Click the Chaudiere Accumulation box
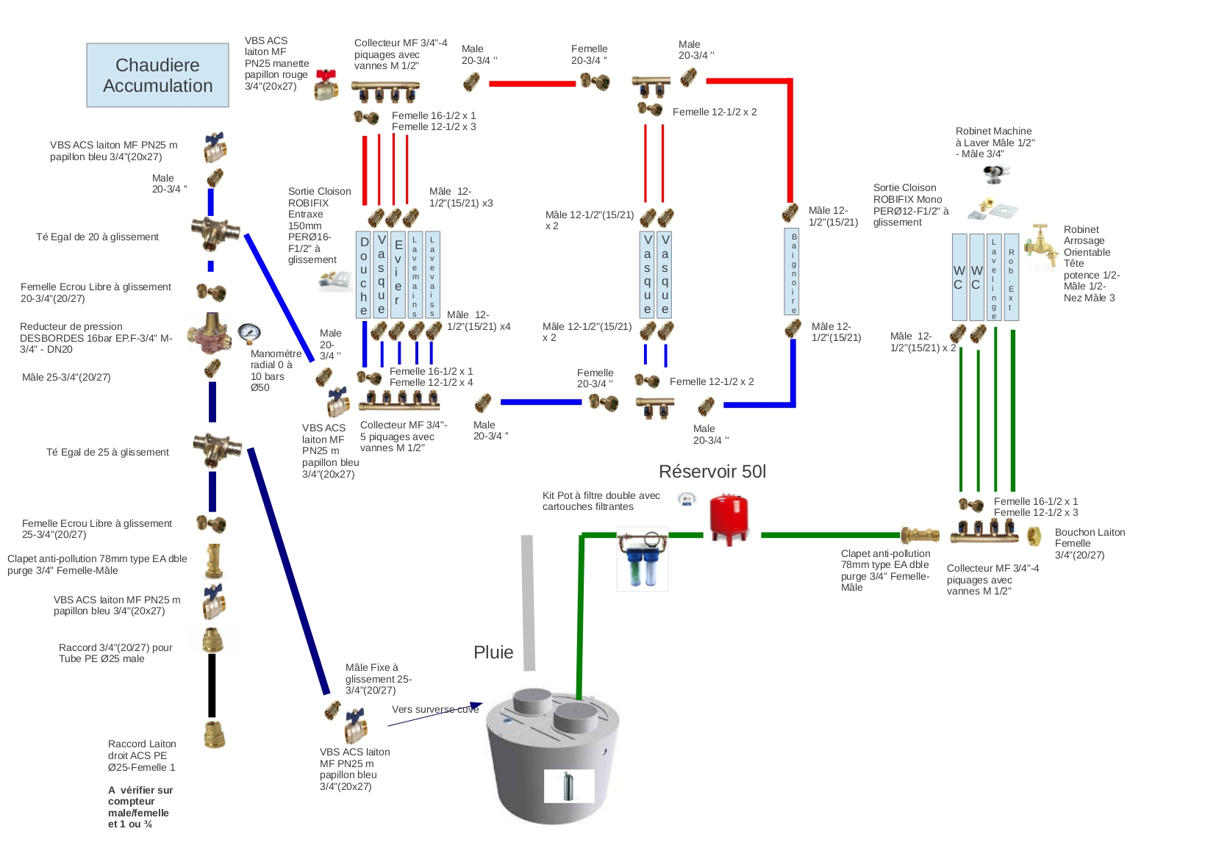click(157, 75)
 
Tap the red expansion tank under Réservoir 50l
click(729, 519)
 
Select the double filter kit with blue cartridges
click(643, 559)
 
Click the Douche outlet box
click(364, 275)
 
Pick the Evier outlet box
click(398, 275)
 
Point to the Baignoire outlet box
click(793, 271)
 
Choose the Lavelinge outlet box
click(994, 277)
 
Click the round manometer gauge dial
click(249, 333)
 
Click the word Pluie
click(493, 653)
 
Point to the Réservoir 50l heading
click(712, 472)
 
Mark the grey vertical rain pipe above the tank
click(528, 603)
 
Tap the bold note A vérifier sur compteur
click(140, 807)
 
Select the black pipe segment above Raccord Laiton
click(212, 685)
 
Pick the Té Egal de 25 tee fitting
click(217, 448)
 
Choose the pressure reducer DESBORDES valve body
click(209, 334)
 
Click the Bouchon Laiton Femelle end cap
click(1034, 536)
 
